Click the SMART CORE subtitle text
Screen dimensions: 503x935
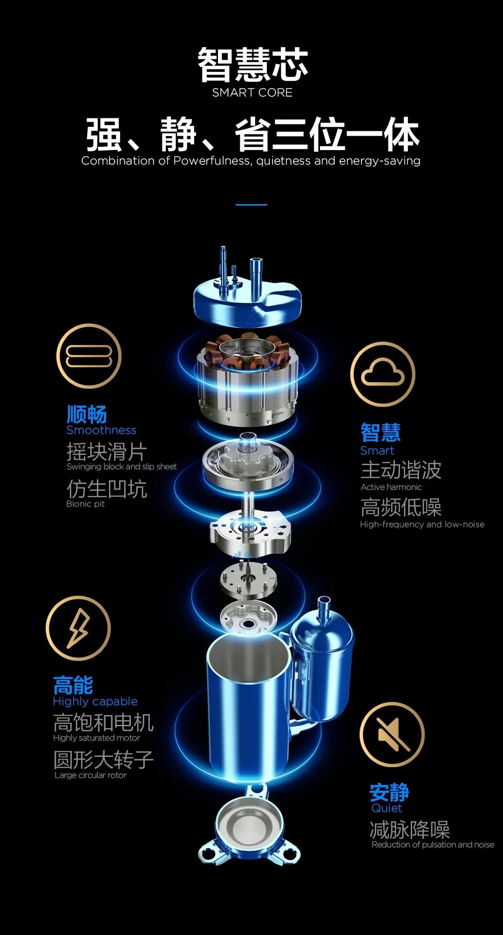[252, 93]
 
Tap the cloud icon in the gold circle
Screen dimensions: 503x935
[382, 374]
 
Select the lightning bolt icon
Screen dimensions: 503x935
[78, 628]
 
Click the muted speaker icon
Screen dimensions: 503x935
[392, 734]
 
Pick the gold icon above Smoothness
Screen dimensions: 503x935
[89, 356]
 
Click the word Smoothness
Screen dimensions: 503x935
[101, 430]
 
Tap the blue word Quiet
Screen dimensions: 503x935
[387, 808]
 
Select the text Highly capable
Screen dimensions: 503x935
[95, 702]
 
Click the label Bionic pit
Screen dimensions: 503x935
[85, 504]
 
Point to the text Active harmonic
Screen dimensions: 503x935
[391, 487]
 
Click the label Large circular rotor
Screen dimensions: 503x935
[90, 775]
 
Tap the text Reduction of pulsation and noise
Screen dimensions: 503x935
[433, 845]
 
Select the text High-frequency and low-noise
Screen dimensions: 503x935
[422, 524]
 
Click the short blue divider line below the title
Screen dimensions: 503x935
[251, 205]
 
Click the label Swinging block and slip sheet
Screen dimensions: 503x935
[122, 467]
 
